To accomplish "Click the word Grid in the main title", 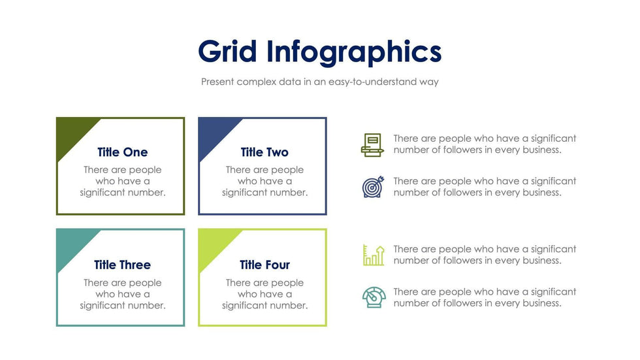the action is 227,52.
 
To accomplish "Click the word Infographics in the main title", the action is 354,52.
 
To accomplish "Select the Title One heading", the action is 123,152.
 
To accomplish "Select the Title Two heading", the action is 264,152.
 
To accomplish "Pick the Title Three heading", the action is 123,265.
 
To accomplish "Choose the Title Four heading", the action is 264,265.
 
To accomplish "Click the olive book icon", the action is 372,145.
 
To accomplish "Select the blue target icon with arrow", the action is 374,187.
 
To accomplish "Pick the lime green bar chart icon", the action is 374,255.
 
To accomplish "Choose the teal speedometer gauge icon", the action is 374,297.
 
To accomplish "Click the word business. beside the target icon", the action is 542,193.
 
